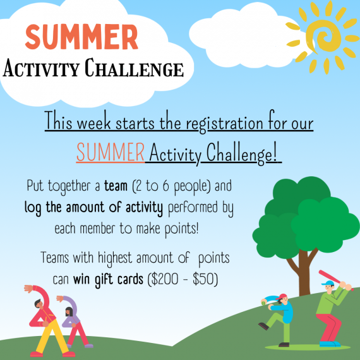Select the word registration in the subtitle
tap(217, 123)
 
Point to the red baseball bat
tap(332, 279)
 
